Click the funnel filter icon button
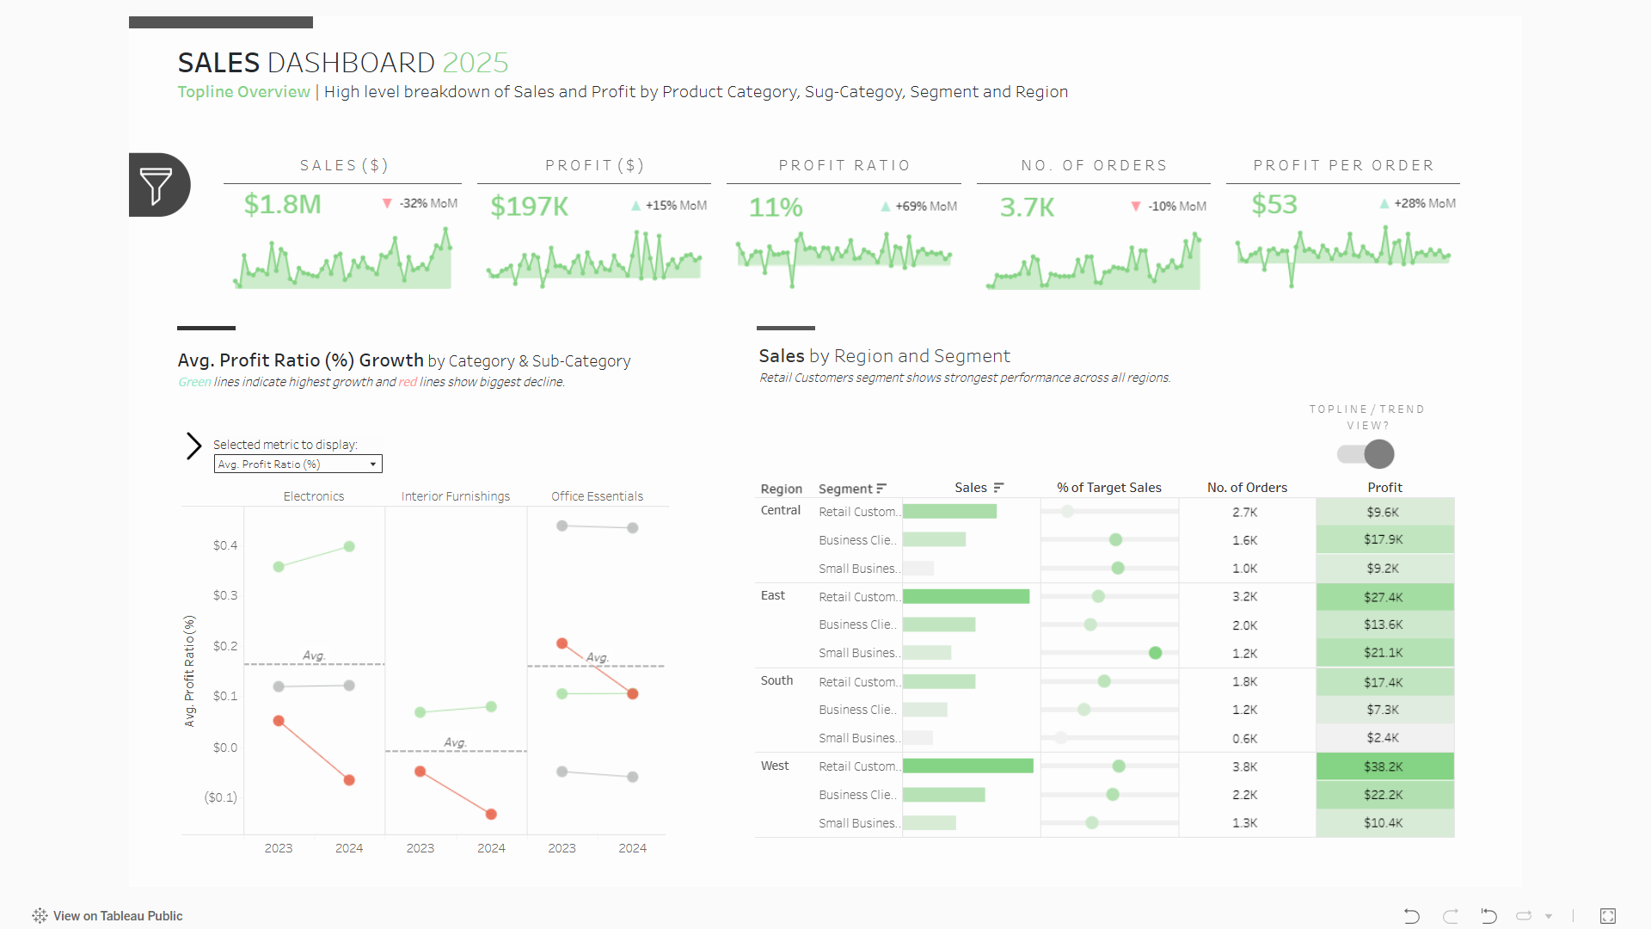pyautogui.click(x=157, y=185)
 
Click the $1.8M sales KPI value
pyautogui.click(x=282, y=205)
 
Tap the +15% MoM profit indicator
pyautogui.click(x=669, y=206)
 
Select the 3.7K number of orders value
pyautogui.click(x=1027, y=207)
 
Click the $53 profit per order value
pyautogui.click(x=1274, y=205)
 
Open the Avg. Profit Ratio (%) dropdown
pyautogui.click(x=298, y=464)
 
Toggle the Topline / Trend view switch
pyautogui.click(x=1366, y=454)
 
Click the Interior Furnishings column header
pyautogui.click(x=455, y=496)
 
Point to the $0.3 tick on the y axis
pyautogui.click(x=225, y=595)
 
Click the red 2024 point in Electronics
pyautogui.click(x=349, y=780)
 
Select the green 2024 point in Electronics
pyautogui.click(x=349, y=546)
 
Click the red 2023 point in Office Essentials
pyautogui.click(x=562, y=643)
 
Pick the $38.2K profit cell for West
pyautogui.click(x=1384, y=766)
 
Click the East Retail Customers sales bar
pyautogui.click(x=966, y=597)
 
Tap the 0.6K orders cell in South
pyautogui.click(x=1244, y=739)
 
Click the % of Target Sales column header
pyautogui.click(x=1108, y=488)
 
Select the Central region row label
pyautogui.click(x=780, y=510)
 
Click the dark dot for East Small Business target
pyautogui.click(x=1155, y=653)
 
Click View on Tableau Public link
pyautogui.click(x=108, y=916)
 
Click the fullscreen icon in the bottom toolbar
pyautogui.click(x=1607, y=916)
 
